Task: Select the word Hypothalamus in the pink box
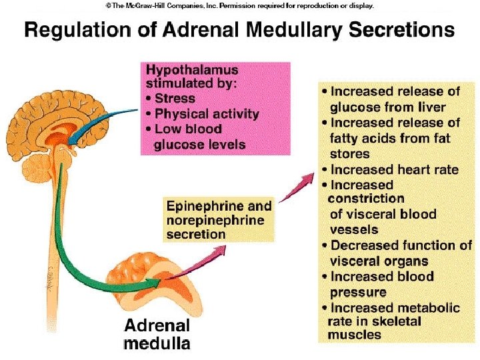(x=192, y=70)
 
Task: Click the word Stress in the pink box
(x=175, y=99)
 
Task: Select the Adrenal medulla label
(x=157, y=335)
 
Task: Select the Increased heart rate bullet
(x=394, y=169)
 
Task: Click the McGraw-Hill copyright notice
(x=239, y=5)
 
